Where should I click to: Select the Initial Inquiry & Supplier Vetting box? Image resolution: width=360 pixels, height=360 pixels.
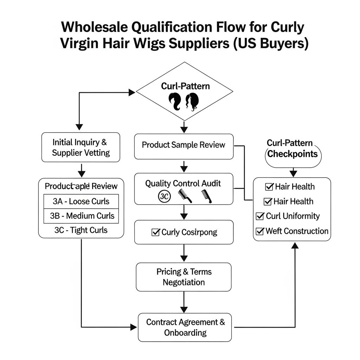point(81,147)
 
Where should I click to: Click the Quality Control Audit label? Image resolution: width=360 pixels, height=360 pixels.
point(184,183)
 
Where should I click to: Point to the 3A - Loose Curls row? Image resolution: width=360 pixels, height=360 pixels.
point(81,201)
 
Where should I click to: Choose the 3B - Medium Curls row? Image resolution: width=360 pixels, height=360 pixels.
point(81,216)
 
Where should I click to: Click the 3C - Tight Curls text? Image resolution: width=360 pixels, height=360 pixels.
point(81,230)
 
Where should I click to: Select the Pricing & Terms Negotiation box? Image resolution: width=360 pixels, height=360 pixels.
point(184,277)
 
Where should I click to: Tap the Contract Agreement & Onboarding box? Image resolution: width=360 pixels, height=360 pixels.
point(185,327)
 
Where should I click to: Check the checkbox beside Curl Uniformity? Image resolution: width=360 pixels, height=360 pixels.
point(260,216)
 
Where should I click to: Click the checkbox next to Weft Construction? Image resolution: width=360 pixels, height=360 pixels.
point(260,231)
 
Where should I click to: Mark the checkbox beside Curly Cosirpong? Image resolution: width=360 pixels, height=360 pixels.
point(155,232)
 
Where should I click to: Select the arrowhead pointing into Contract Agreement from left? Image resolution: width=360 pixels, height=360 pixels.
point(134,327)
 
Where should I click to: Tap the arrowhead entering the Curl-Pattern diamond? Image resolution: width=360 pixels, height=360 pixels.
point(132,92)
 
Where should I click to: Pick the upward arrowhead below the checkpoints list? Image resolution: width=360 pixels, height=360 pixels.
point(295,245)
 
